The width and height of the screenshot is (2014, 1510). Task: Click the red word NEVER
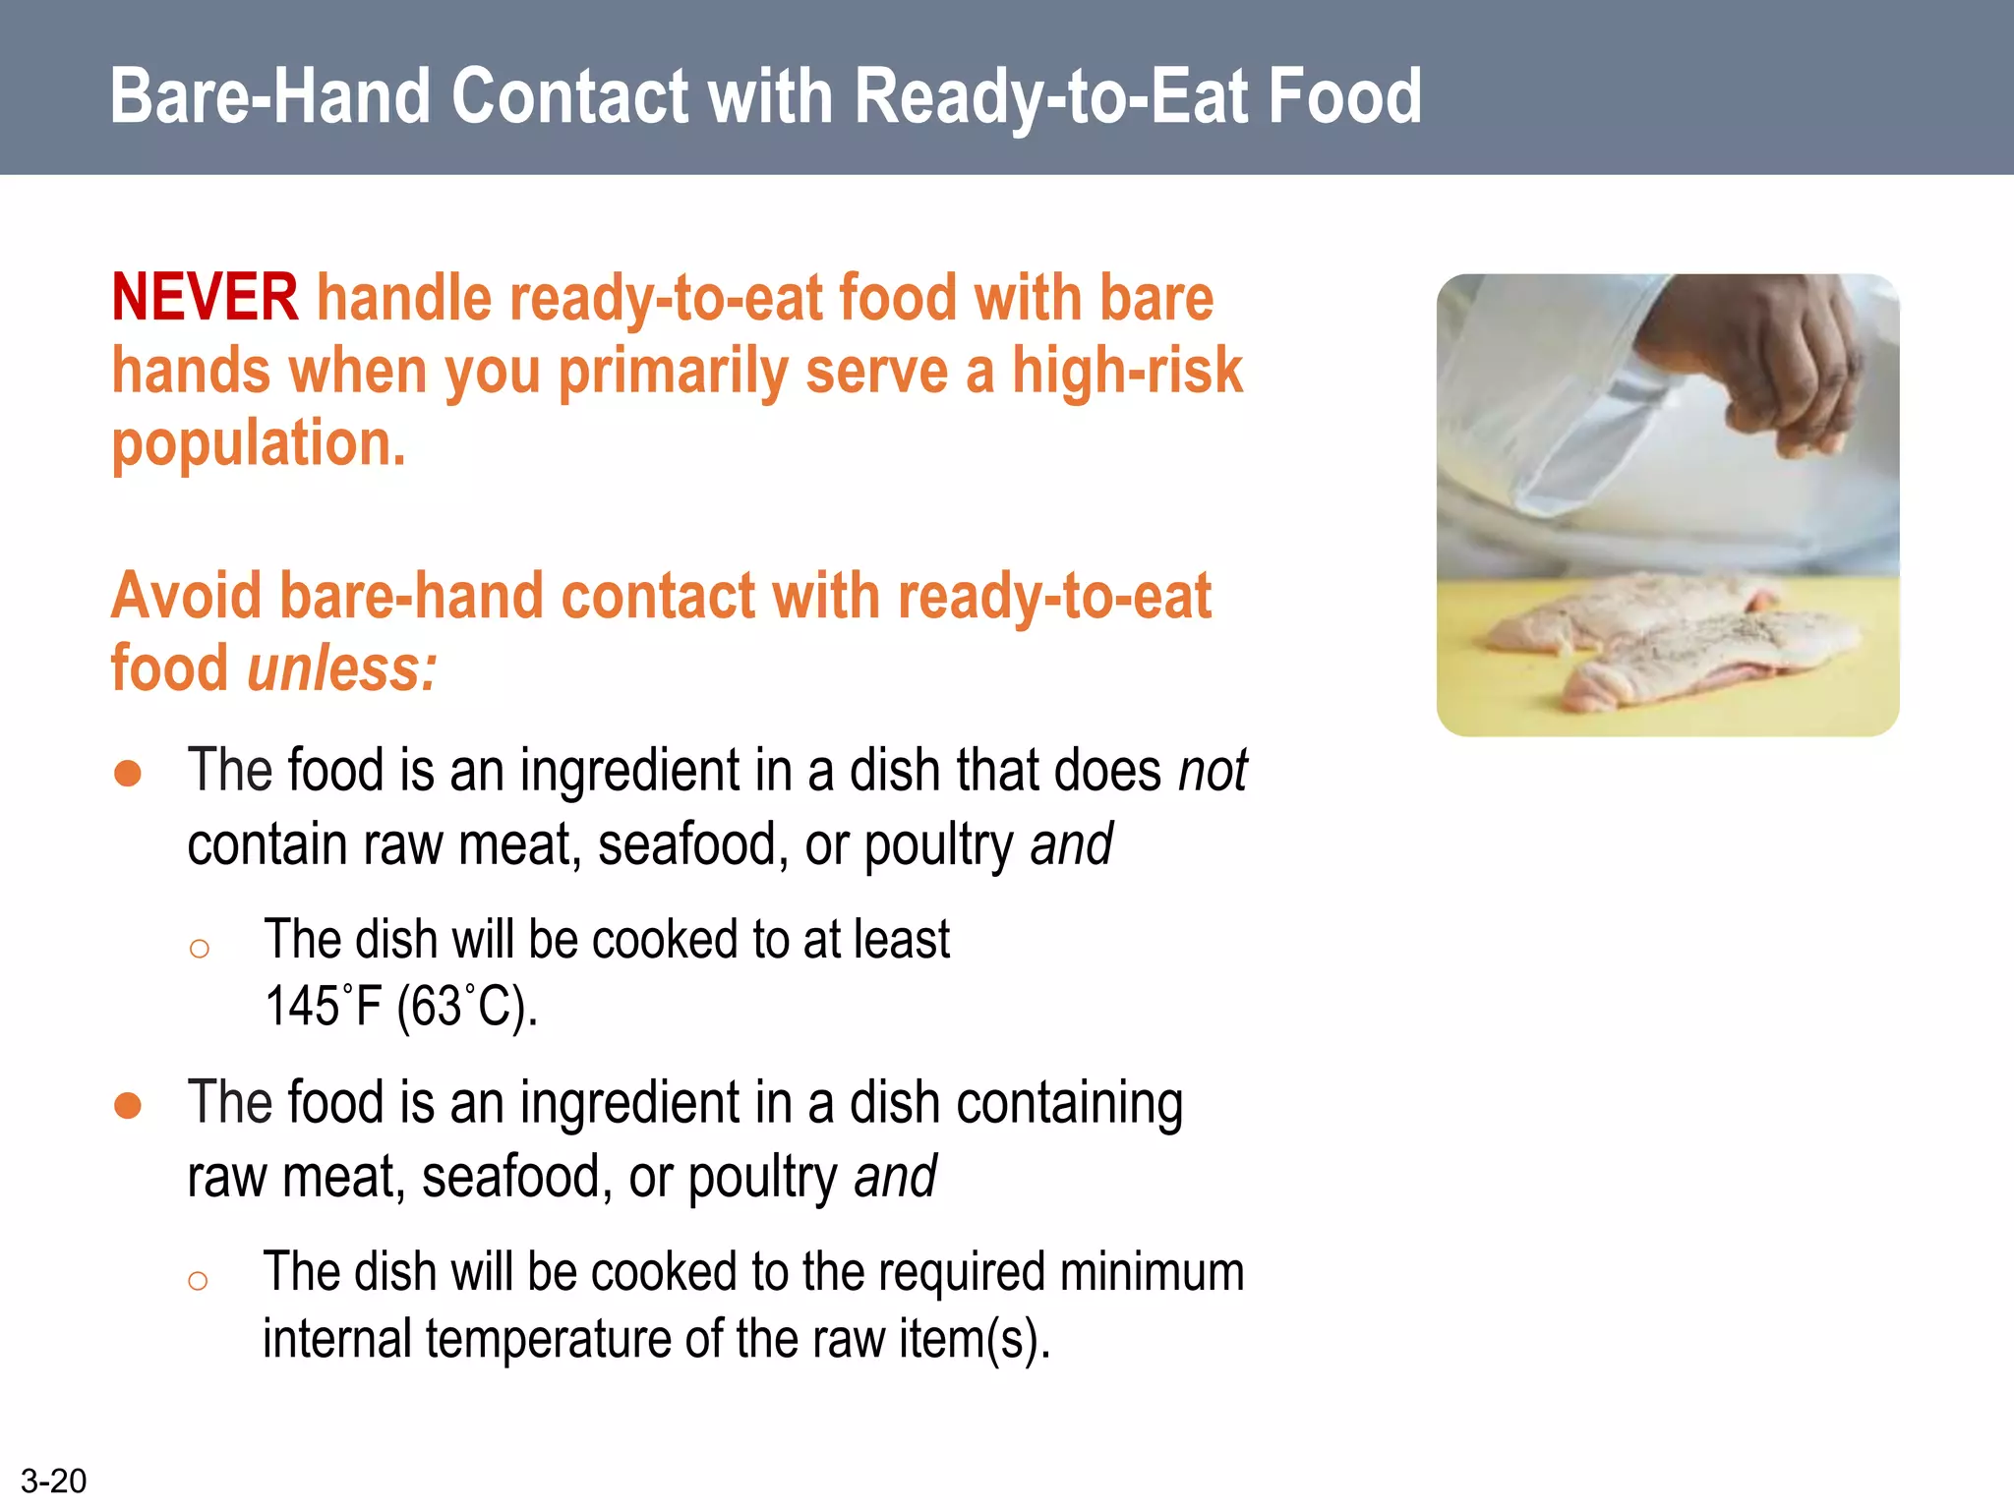(x=205, y=298)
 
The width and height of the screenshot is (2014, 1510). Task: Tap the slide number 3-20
(x=53, y=1481)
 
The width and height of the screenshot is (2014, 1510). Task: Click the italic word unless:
(x=341, y=668)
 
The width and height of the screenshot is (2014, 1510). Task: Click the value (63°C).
(x=466, y=1007)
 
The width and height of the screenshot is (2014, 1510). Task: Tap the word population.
(x=258, y=444)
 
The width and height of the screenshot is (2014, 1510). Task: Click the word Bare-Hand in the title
(x=270, y=96)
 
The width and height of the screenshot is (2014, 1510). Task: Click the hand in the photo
(x=1760, y=364)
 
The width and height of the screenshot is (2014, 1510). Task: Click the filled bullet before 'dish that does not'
(x=128, y=773)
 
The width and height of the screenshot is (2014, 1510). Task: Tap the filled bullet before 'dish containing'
(x=128, y=1105)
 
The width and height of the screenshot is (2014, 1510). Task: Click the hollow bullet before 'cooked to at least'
(x=200, y=949)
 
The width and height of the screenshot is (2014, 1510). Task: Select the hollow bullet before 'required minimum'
(x=198, y=1280)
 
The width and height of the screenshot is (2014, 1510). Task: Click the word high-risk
(x=1127, y=372)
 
